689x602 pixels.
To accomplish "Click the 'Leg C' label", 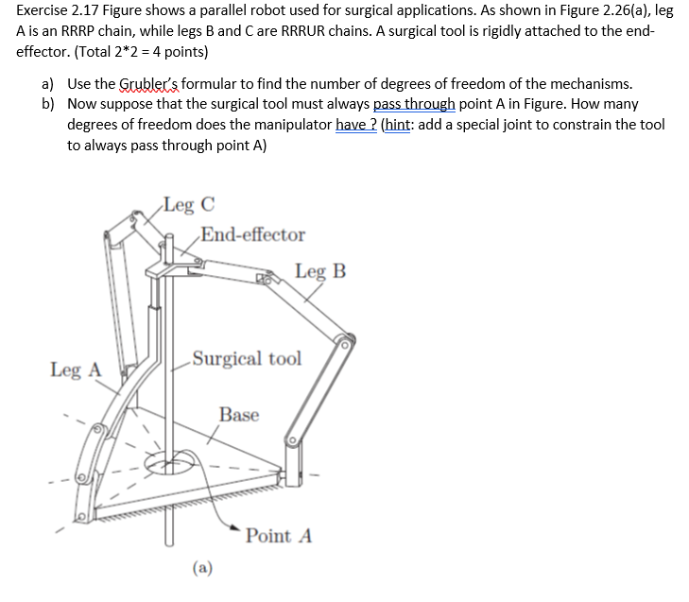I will tap(187, 203).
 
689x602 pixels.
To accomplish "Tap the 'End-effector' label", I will tap(252, 233).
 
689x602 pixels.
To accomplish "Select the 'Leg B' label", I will tap(319, 271).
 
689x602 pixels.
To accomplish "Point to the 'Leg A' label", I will tap(75, 370).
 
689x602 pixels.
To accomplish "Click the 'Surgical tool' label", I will tap(246, 358).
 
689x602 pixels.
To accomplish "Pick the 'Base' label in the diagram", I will tap(238, 414).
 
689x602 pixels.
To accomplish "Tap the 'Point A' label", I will tap(278, 536).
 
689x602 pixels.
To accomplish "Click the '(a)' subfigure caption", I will tap(201, 567).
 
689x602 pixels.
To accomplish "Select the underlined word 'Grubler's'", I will tap(147, 84).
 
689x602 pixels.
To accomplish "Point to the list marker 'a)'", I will tap(47, 84).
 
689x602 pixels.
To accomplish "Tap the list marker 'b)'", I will tap(47, 104).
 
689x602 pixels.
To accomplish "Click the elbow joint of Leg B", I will tap(345, 340).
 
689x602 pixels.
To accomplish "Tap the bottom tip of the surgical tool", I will tap(169, 543).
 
